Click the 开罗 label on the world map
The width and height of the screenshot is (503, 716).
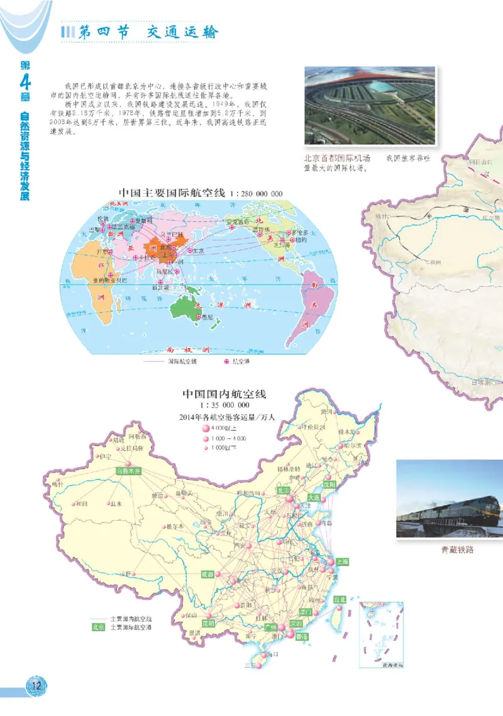[102, 252]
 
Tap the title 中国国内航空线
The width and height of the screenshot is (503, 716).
[224, 394]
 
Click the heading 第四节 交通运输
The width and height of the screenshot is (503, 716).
[148, 32]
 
